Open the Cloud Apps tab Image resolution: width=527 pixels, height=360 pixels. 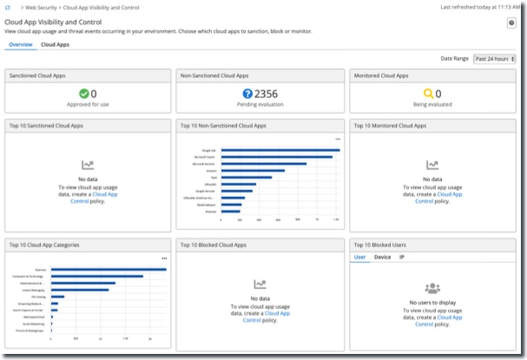coord(55,43)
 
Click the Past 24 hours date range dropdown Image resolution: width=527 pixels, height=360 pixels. coord(494,59)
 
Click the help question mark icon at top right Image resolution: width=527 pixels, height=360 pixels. coord(511,23)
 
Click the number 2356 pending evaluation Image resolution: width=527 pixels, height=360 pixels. coord(266,94)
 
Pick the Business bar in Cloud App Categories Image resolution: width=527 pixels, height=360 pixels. coord(109,269)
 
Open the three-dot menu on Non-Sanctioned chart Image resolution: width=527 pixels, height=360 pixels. coord(338,139)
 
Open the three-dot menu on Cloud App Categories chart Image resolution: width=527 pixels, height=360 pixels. coord(163,258)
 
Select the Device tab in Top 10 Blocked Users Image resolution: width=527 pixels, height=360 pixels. coord(382,258)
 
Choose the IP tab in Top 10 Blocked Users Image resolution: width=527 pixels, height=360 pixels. coord(402,258)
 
